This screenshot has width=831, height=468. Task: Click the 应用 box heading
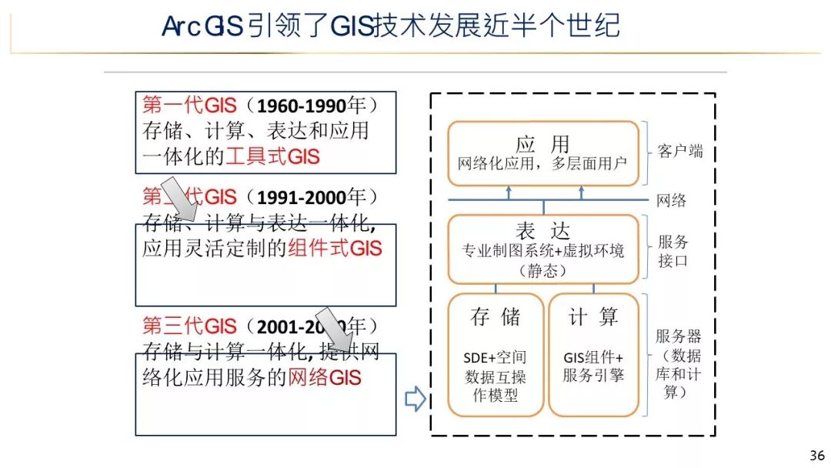click(542, 144)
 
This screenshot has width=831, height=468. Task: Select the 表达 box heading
click(542, 231)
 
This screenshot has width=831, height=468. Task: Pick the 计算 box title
click(593, 316)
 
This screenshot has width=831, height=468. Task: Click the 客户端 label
click(679, 151)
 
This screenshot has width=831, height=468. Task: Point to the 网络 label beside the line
click(671, 201)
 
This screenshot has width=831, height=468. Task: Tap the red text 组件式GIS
click(335, 249)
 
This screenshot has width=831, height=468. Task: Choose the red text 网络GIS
click(324, 377)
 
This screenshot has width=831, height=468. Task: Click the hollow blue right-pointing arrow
click(415, 399)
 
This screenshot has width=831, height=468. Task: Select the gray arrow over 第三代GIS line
click(335, 329)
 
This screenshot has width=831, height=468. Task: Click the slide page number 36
click(817, 454)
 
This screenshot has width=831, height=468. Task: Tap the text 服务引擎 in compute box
click(593, 376)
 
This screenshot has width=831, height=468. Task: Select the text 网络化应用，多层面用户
click(542, 164)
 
